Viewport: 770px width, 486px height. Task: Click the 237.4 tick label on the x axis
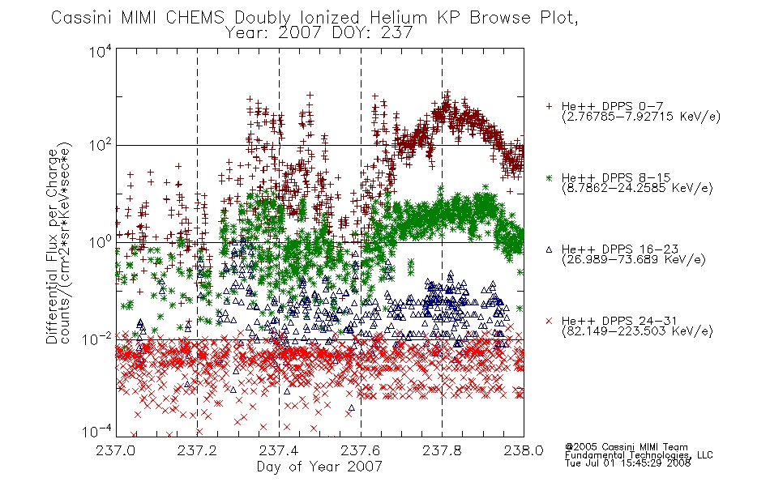(279, 450)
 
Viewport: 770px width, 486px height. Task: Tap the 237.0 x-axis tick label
(116, 450)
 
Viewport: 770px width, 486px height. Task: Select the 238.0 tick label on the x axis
(524, 450)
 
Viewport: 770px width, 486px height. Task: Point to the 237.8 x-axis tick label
(442, 450)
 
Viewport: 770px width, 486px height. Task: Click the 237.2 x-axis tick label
(198, 450)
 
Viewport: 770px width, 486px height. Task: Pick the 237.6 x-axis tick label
(361, 450)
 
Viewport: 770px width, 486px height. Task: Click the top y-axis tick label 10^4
(101, 51)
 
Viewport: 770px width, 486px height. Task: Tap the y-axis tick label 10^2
(101, 145)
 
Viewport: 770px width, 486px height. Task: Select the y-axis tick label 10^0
(101, 242)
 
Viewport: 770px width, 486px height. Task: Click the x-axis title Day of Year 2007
(319, 467)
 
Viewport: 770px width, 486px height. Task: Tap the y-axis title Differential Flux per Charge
(52, 246)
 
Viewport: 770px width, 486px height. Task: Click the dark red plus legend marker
(550, 106)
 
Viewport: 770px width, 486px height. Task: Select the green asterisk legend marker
(550, 177)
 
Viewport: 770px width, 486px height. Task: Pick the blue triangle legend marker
(550, 249)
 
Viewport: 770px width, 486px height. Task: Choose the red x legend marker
(550, 321)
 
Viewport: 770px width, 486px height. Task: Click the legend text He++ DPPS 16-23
(620, 249)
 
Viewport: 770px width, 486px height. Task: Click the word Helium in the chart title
(398, 18)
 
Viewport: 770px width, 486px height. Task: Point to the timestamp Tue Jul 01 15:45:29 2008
(627, 463)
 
